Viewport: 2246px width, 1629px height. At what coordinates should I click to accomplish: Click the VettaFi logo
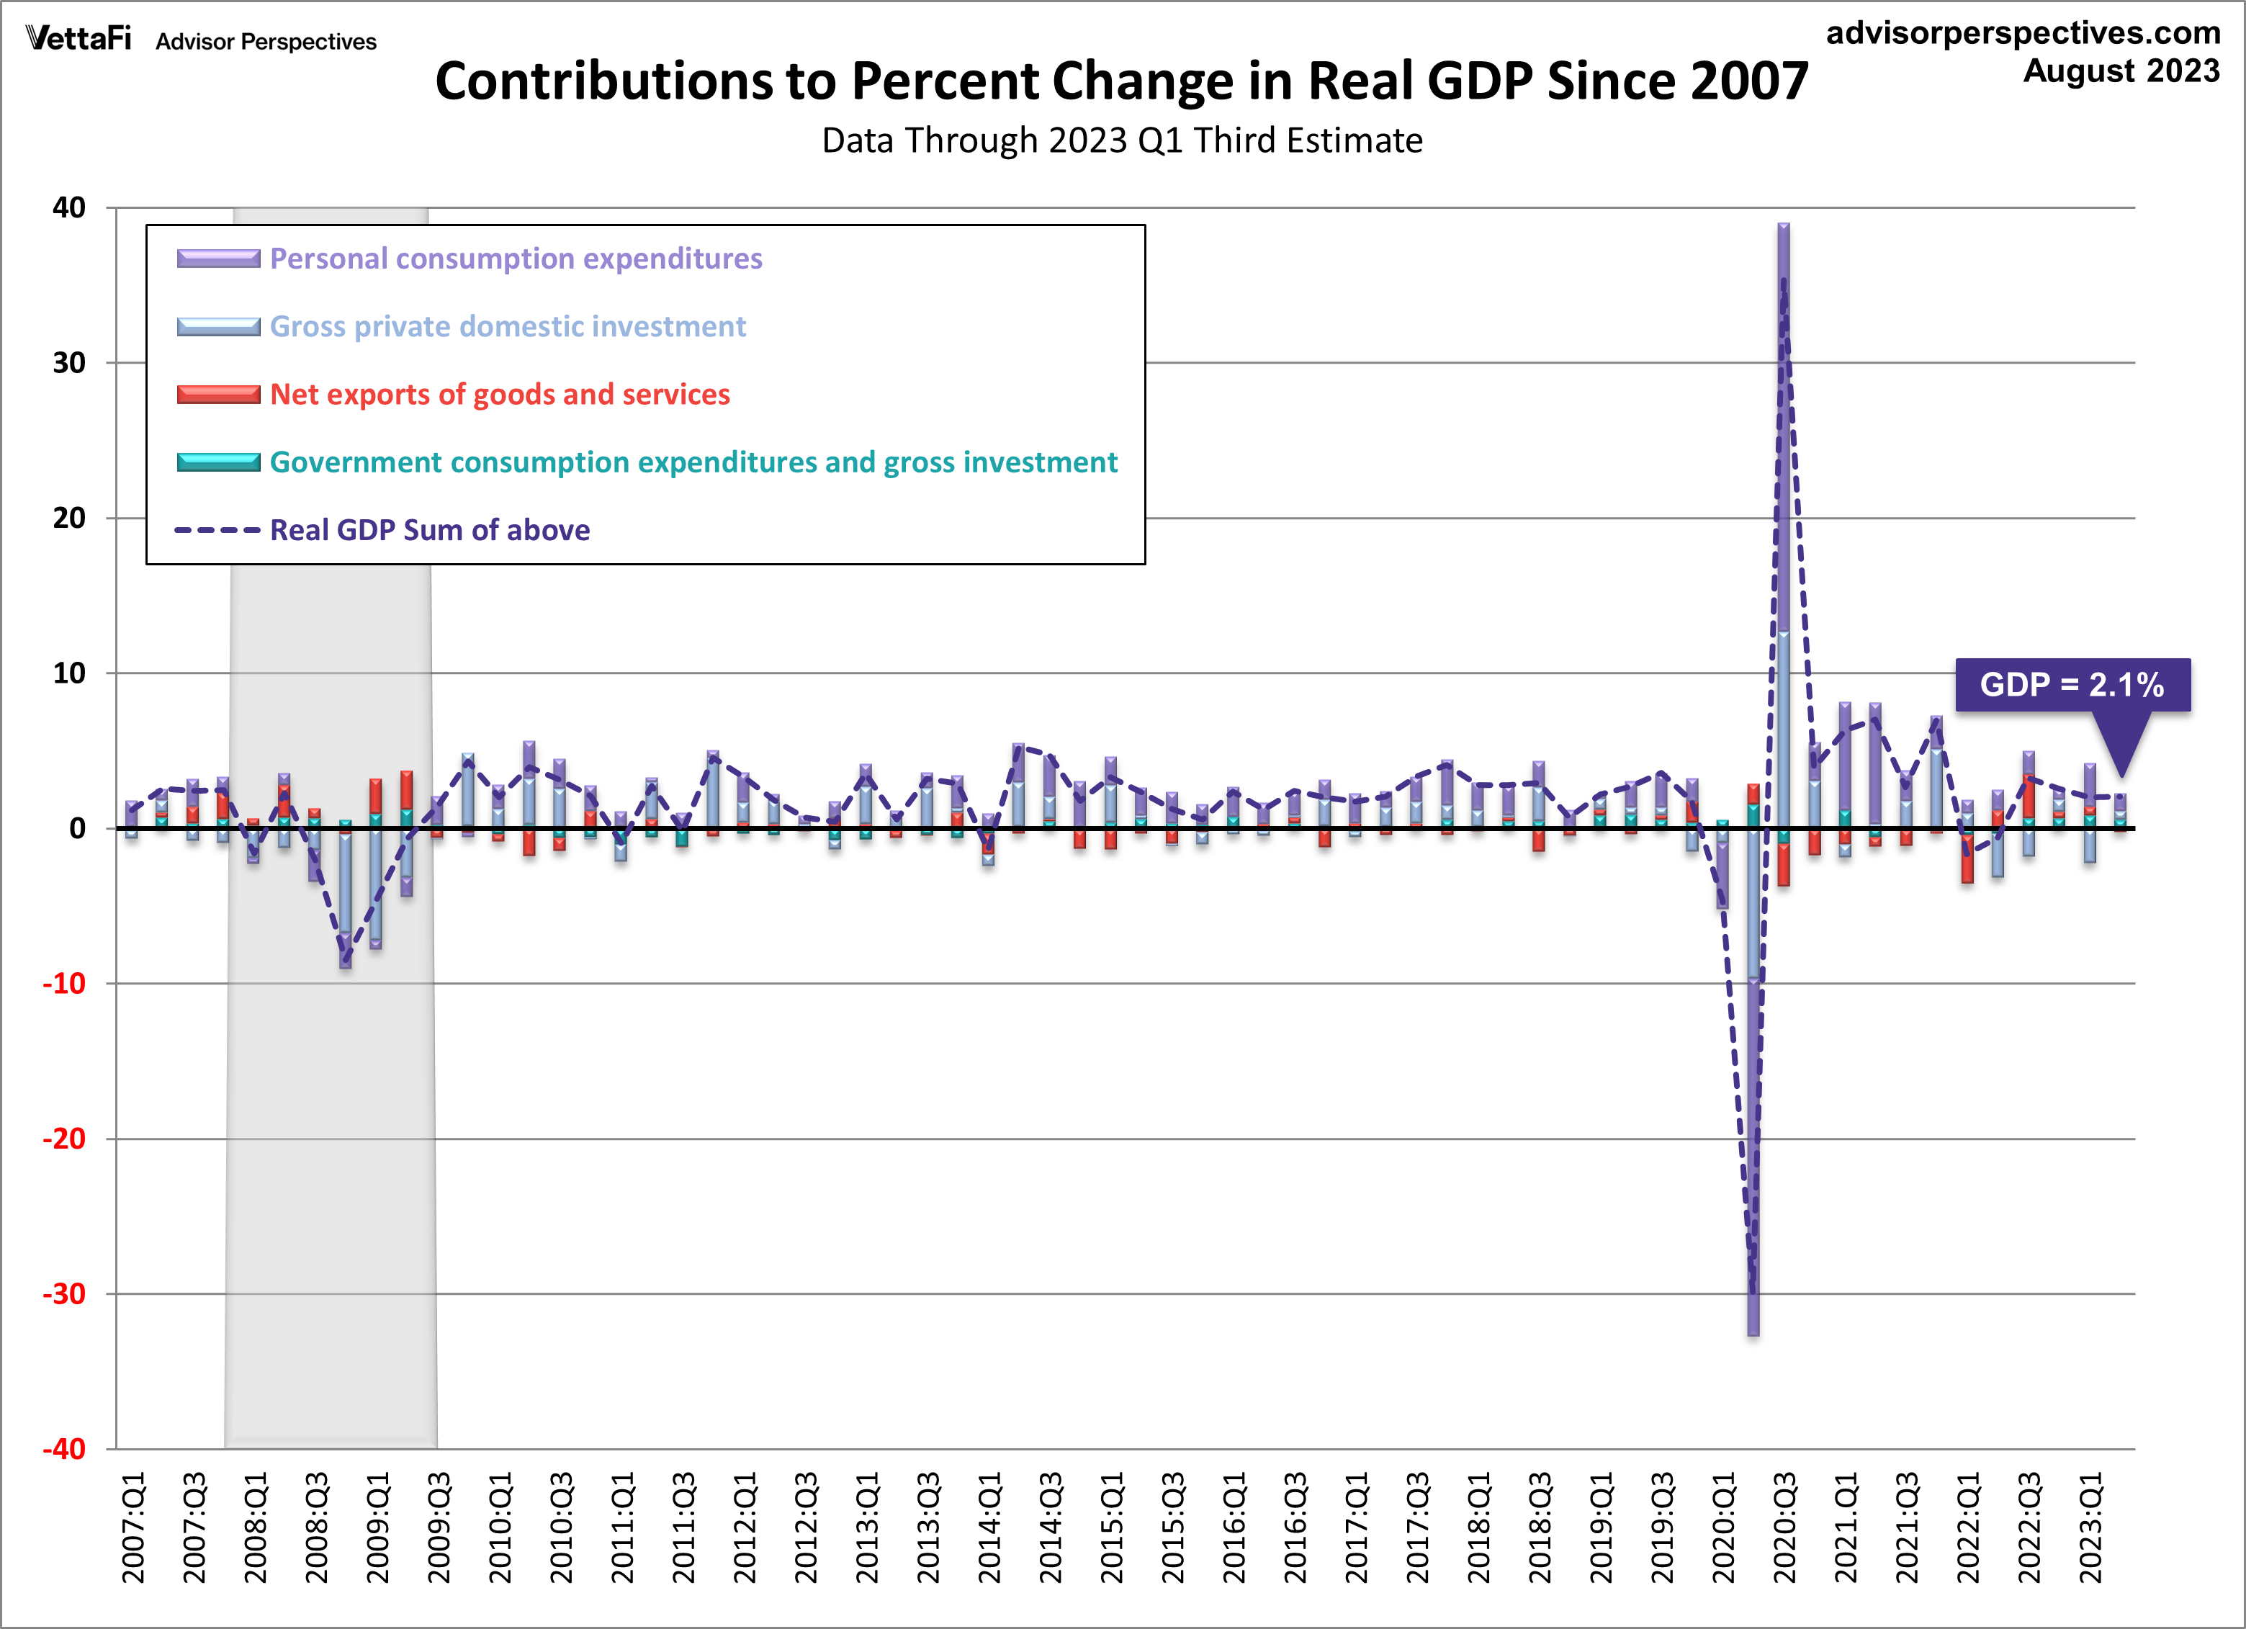click(78, 39)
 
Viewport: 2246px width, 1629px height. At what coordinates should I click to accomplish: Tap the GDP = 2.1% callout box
click(2072, 684)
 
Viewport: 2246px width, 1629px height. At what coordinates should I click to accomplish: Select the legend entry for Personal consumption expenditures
click(515, 259)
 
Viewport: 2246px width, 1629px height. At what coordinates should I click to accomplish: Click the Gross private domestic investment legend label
click(507, 327)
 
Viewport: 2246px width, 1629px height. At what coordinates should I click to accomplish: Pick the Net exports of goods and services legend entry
click(499, 394)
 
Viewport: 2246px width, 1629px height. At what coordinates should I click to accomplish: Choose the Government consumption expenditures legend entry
click(693, 462)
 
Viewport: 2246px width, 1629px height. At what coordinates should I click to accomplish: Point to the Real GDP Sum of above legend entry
click(430, 531)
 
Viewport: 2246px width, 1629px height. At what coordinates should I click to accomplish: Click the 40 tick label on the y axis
click(69, 208)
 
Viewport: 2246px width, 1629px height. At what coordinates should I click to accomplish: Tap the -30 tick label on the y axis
click(64, 1293)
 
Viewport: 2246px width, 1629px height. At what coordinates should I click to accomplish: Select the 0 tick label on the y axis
click(77, 829)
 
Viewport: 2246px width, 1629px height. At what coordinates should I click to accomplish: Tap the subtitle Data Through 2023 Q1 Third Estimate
click(1122, 140)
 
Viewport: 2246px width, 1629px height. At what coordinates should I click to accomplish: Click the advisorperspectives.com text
click(2023, 32)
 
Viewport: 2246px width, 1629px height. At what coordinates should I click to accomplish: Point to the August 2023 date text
click(2121, 71)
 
